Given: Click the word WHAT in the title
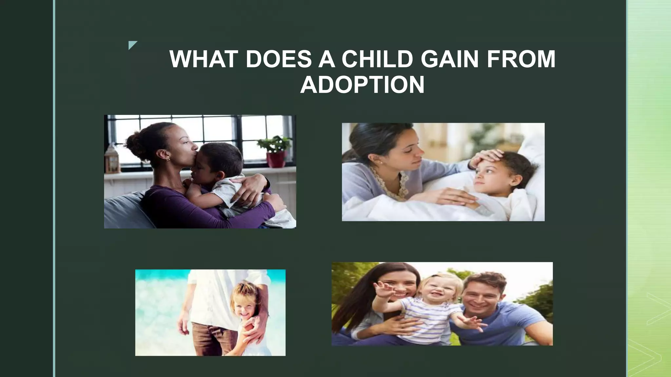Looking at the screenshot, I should [x=203, y=59].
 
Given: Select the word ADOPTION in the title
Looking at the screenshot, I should [x=362, y=85].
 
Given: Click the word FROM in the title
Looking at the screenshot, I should [x=521, y=59].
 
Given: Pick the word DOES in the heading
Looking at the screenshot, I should [x=278, y=59].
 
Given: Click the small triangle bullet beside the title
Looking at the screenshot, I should [x=132, y=45].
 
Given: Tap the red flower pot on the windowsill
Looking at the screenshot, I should [x=276, y=159].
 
